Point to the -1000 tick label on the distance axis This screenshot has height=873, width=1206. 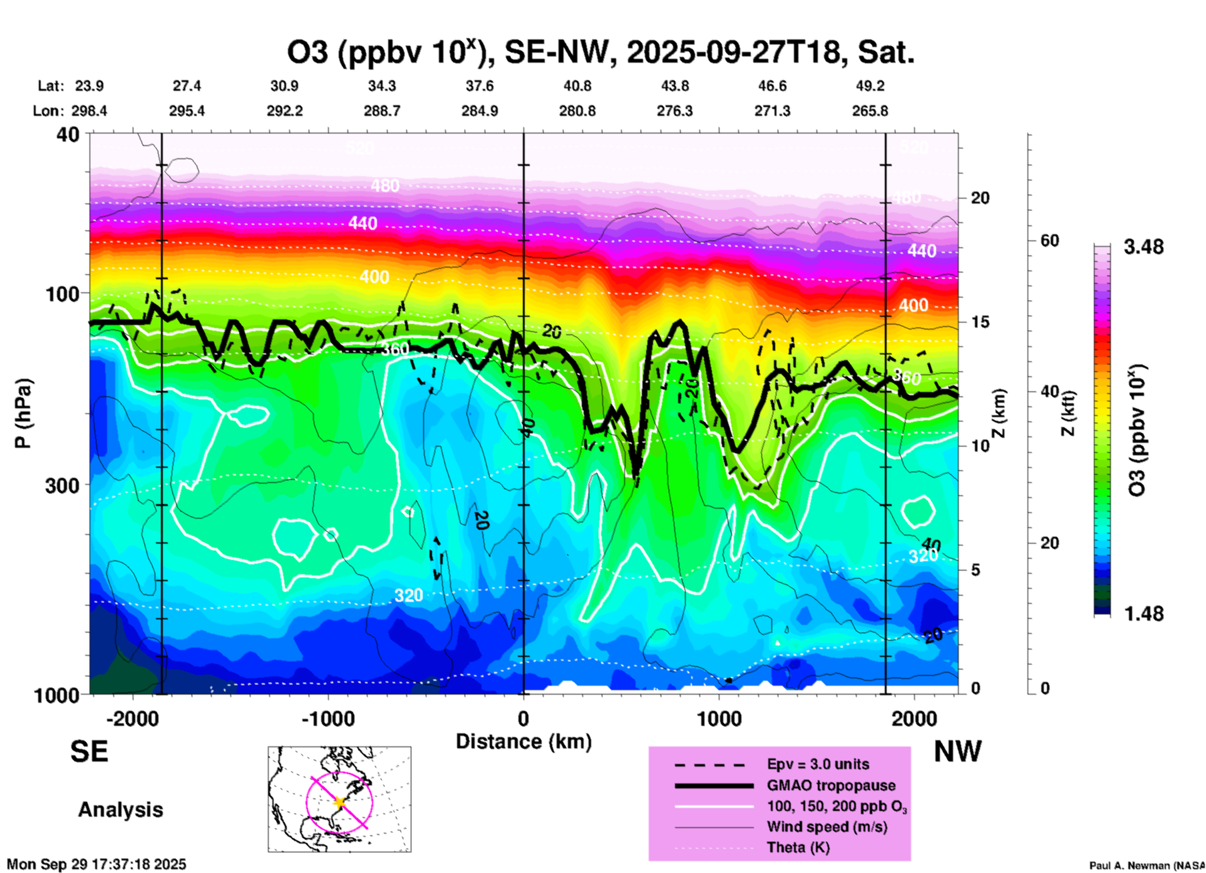pyautogui.click(x=328, y=719)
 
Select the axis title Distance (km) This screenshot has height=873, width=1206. pyautogui.click(x=523, y=741)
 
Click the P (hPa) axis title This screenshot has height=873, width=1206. pyautogui.click(x=23, y=413)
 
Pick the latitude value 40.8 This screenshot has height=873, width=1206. pyautogui.click(x=577, y=86)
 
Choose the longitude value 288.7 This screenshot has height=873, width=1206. pyautogui.click(x=381, y=111)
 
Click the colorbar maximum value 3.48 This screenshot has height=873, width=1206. pyautogui.click(x=1143, y=247)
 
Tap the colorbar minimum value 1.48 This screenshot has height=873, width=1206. pyautogui.click(x=1143, y=614)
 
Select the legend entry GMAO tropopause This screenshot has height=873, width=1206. pyautogui.click(x=831, y=785)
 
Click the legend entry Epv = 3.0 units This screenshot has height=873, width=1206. pyautogui.click(x=818, y=765)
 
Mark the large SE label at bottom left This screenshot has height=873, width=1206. pyautogui.click(x=89, y=752)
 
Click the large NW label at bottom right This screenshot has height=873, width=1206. pyautogui.click(x=957, y=752)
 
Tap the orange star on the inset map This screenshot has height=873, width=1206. pyautogui.click(x=339, y=802)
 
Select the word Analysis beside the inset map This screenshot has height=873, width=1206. pyautogui.click(x=120, y=810)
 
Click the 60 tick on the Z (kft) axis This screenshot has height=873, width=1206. pyautogui.click(x=1049, y=241)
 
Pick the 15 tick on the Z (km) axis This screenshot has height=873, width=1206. pyautogui.click(x=980, y=323)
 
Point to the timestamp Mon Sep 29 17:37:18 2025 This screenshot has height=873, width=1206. pyautogui.click(x=96, y=864)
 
